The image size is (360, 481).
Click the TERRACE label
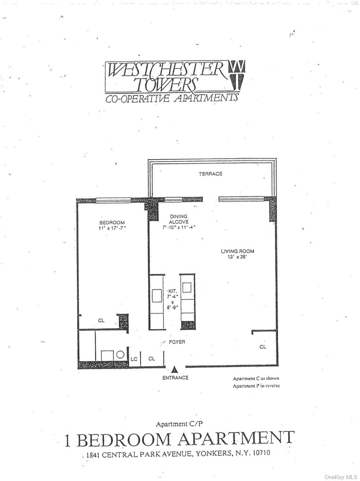(211, 174)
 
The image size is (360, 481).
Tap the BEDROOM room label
(112, 223)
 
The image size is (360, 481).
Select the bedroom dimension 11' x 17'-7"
(112, 228)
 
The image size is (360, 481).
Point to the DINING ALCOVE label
(178, 219)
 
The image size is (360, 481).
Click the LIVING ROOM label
(237, 251)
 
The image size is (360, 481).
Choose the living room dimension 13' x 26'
(237, 257)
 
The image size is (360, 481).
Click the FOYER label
(177, 342)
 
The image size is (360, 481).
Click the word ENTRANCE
(175, 378)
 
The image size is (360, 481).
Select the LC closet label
(134, 359)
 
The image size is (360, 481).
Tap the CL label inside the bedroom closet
(101, 321)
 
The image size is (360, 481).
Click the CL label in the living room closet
(263, 347)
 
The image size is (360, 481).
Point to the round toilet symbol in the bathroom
(120, 355)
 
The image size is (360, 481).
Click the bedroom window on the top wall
(113, 200)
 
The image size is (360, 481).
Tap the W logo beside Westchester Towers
(237, 75)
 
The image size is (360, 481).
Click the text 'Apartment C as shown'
(256, 378)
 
